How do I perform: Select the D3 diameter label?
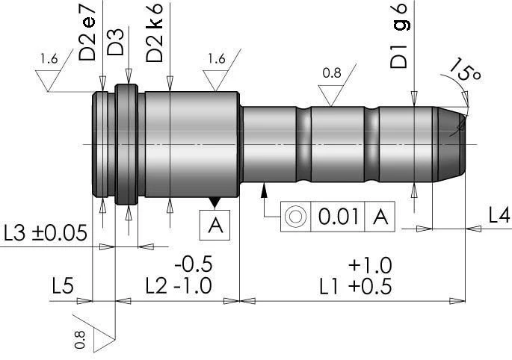pos(116,44)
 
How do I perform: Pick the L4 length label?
pos(499,215)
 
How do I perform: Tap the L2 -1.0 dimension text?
pos(179,285)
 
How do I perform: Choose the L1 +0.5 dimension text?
pos(354,286)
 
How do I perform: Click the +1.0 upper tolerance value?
pos(369,265)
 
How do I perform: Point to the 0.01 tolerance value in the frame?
pos(336,217)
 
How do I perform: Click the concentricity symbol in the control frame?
pos(296,217)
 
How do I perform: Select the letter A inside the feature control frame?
pos(380,217)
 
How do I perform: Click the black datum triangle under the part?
pos(215,202)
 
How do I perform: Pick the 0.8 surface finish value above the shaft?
pos(332,73)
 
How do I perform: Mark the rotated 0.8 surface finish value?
pos(81,341)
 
